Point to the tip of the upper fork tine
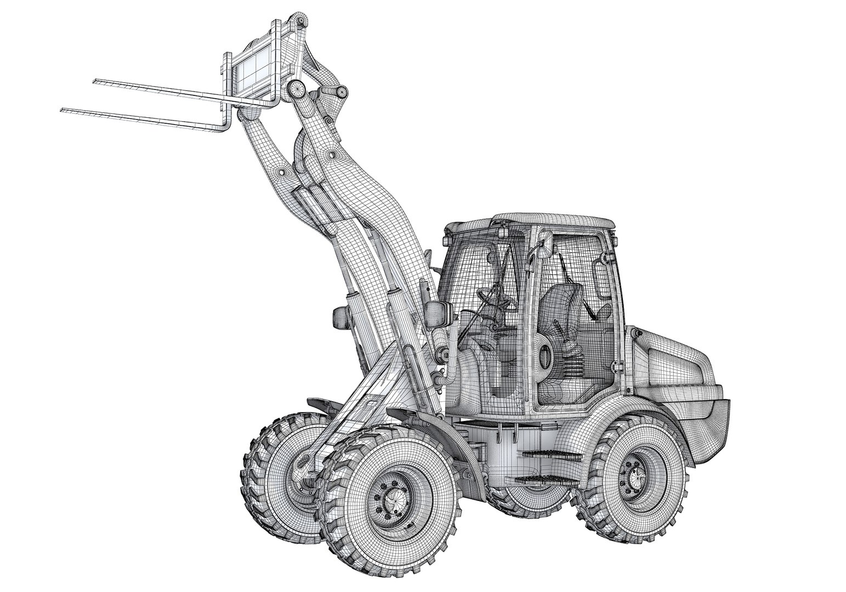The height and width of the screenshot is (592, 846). pyautogui.click(x=95, y=82)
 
